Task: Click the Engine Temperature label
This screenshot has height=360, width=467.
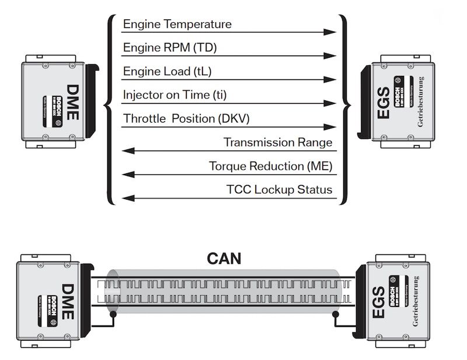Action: tap(177, 25)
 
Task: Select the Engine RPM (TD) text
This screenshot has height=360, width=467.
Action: tap(169, 48)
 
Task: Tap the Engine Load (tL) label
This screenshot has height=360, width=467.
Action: tap(165, 71)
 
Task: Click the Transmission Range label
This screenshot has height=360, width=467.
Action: tap(278, 142)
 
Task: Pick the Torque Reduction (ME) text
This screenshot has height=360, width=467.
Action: tap(271, 166)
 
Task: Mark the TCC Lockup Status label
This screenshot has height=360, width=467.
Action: tap(279, 190)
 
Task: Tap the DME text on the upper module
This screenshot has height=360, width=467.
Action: tap(72, 103)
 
